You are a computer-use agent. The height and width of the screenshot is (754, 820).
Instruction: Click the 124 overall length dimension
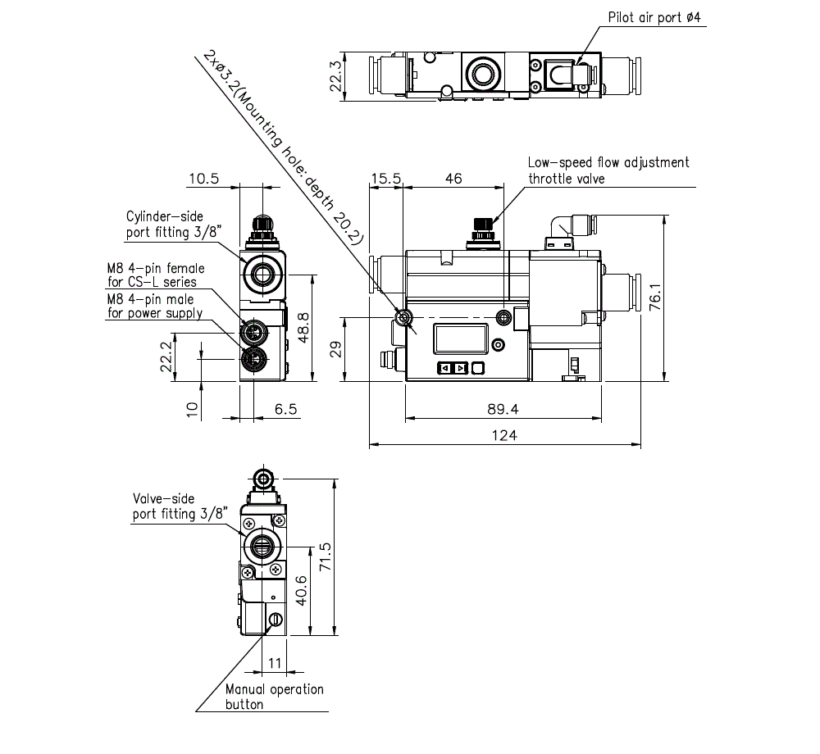504,436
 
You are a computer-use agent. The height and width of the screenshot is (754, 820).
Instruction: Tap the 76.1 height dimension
654,299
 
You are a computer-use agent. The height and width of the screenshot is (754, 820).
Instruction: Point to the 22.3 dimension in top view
335,78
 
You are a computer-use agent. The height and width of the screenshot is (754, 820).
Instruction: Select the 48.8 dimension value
303,327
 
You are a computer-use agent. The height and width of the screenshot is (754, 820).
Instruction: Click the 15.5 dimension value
385,178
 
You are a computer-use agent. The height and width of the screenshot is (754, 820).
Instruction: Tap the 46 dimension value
452,178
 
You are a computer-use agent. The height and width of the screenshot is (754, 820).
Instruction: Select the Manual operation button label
274,697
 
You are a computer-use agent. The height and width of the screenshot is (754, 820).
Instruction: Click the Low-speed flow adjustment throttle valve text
608,170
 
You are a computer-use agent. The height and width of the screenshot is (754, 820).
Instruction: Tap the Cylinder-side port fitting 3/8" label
164,225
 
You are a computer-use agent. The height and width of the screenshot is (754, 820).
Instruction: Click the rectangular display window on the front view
460,338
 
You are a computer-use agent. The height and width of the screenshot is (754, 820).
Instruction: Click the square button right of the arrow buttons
479,368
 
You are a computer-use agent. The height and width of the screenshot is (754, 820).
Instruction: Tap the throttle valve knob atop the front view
482,224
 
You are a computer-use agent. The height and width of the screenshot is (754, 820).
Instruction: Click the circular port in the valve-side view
262,543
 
